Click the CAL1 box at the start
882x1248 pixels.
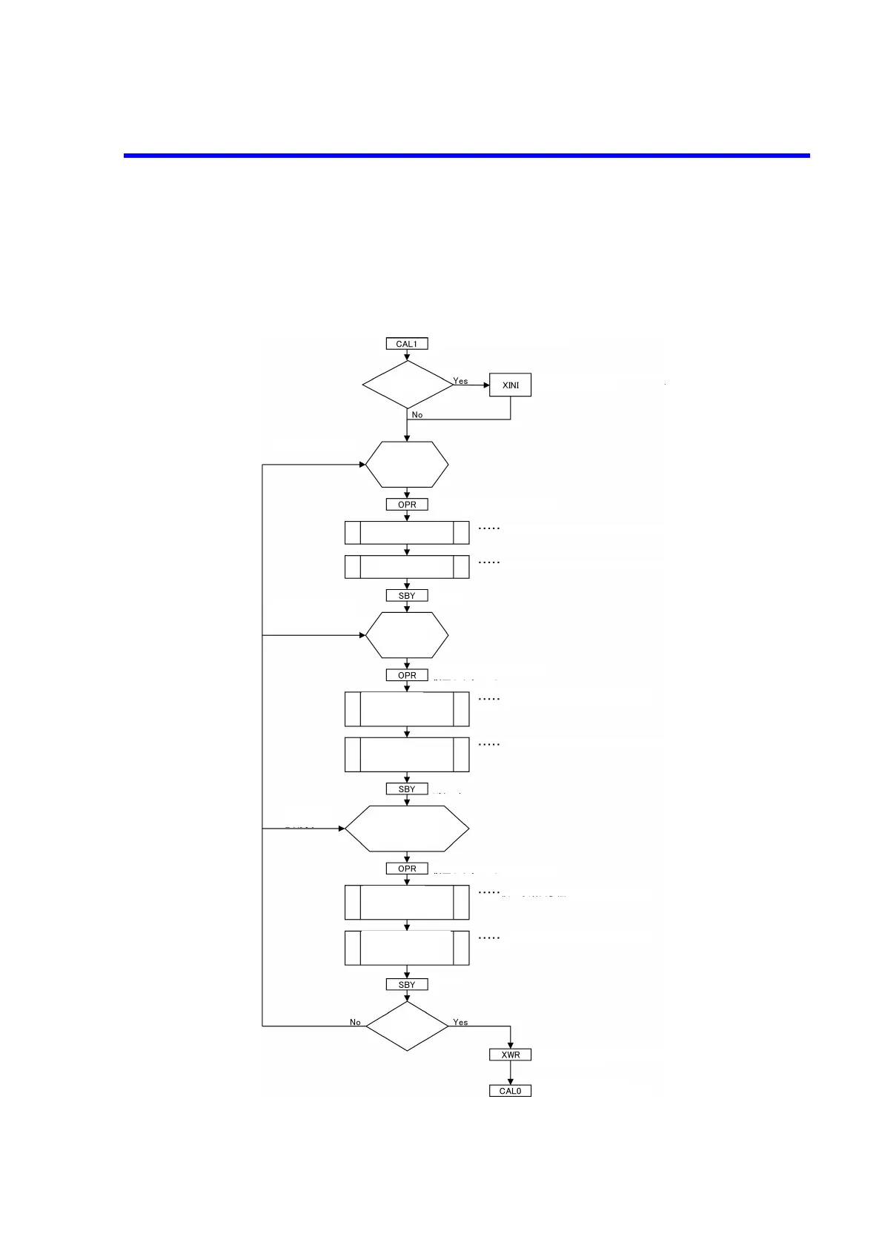tap(407, 344)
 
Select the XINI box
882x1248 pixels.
tap(510, 385)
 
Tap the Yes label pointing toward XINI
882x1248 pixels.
tap(461, 381)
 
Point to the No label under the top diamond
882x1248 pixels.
tap(417, 415)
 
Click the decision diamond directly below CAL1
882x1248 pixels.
tap(407, 385)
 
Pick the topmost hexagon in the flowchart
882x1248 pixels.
tap(407, 465)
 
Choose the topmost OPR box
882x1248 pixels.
tap(407, 505)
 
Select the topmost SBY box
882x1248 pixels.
tap(407, 596)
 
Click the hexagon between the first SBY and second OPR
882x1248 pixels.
tap(407, 635)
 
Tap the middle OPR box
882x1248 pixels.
tap(407, 676)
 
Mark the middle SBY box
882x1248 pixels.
tap(407, 789)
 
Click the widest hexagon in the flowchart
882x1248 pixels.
tap(407, 829)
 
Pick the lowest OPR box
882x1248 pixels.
tap(407, 869)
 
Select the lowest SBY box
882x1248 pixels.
tap(407, 985)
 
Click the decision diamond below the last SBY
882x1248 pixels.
tap(407, 1026)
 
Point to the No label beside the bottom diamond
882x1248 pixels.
tap(355, 1023)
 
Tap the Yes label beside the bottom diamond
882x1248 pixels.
tap(460, 1023)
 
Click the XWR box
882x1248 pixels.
tap(510, 1055)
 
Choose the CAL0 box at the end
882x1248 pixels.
tap(510, 1091)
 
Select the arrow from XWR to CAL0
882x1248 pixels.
tap(510, 1073)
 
